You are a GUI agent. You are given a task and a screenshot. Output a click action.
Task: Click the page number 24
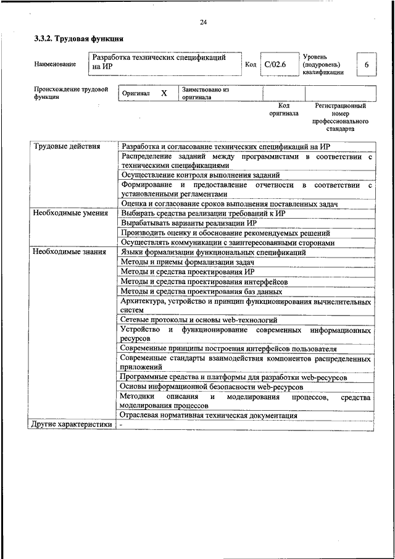click(203, 23)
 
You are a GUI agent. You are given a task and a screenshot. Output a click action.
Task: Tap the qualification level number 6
click(367, 65)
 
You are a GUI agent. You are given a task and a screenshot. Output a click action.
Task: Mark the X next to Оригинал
click(164, 93)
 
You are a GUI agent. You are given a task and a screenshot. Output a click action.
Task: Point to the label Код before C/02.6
click(251, 64)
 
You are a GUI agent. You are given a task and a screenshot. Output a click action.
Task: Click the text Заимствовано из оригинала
click(205, 93)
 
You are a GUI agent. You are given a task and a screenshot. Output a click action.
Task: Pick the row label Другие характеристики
click(72, 424)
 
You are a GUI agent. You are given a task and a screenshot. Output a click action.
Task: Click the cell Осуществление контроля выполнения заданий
click(200, 175)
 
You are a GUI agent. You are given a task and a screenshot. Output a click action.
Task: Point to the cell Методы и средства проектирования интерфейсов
click(204, 282)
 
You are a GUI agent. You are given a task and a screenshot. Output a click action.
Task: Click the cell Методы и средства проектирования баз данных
click(201, 291)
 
